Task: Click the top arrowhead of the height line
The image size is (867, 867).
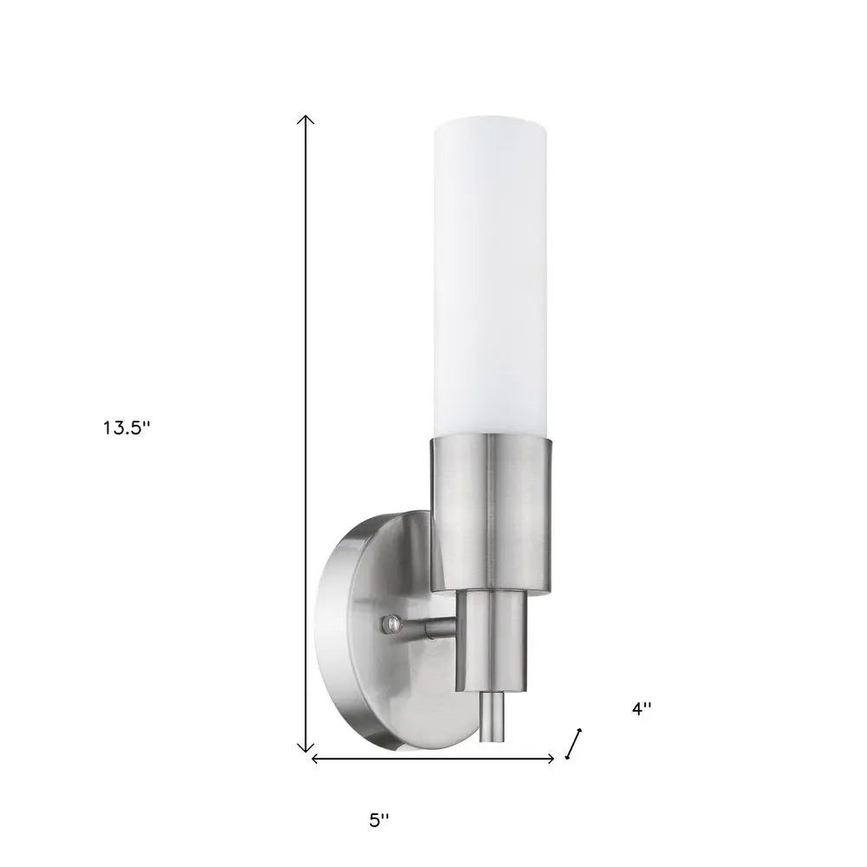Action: point(304,119)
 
